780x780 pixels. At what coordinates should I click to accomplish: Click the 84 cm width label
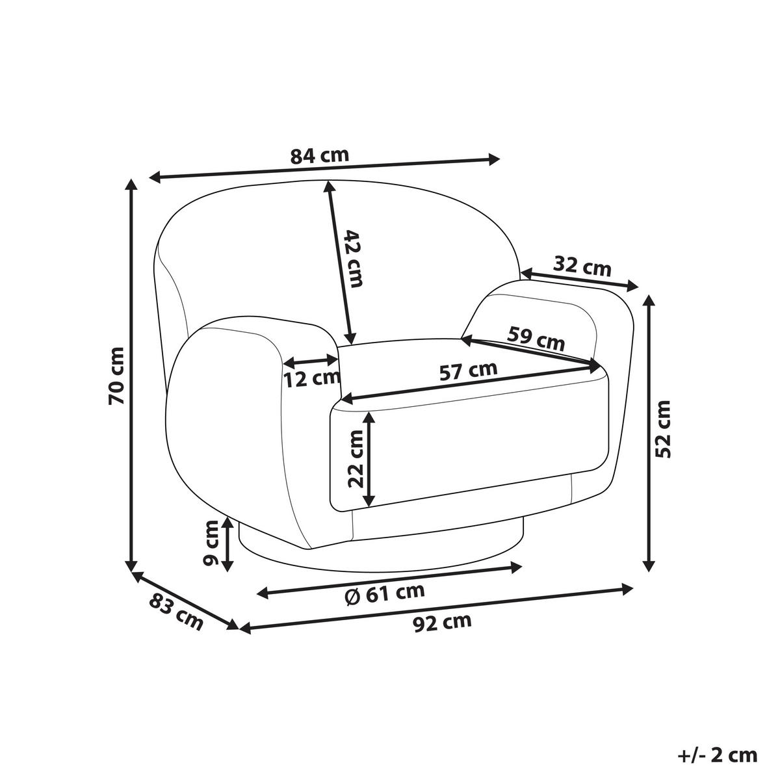coord(319,156)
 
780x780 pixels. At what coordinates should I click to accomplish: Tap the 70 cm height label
coord(116,376)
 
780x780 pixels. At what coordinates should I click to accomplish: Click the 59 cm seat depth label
coord(536,339)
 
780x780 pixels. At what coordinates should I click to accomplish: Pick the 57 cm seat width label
coord(468,370)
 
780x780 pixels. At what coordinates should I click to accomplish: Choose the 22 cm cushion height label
coord(356,458)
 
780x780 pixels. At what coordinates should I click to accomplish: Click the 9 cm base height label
coord(211,542)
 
